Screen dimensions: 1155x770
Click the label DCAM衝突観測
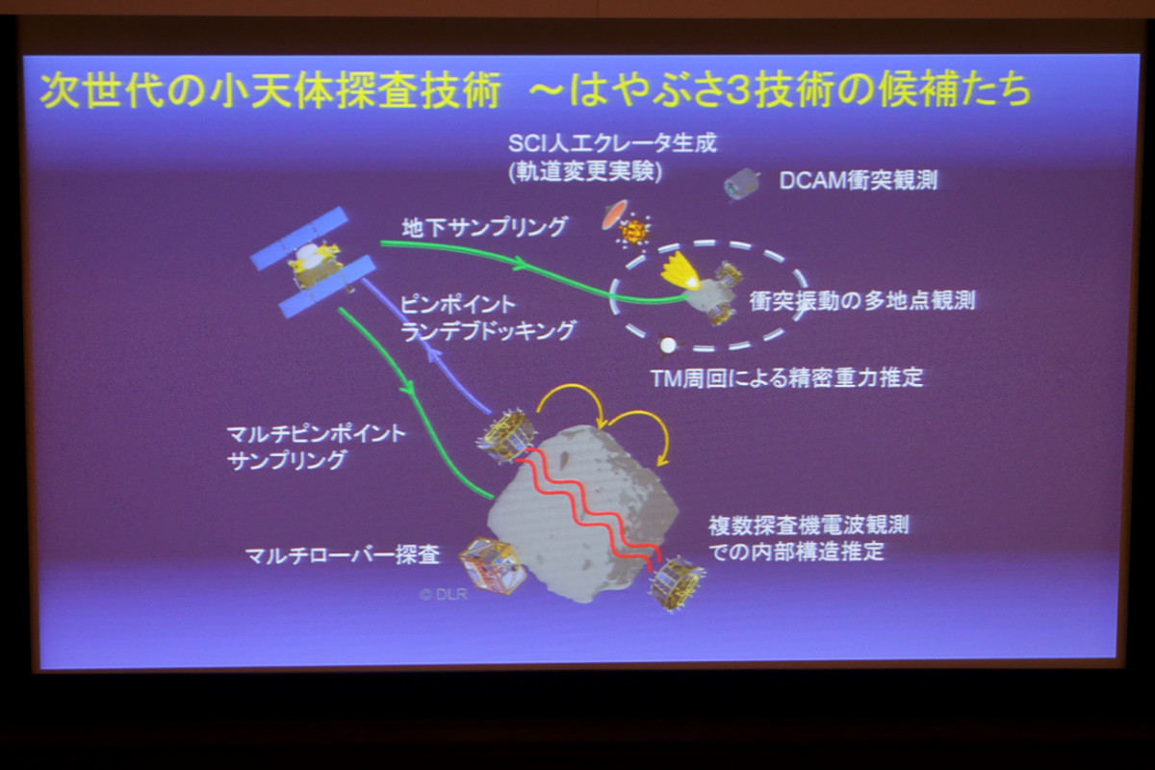tap(858, 181)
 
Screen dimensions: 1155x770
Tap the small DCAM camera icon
tap(742, 184)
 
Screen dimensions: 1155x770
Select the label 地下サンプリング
tap(484, 227)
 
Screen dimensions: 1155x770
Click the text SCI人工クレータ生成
tap(612, 143)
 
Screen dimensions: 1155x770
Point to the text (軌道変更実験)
tap(585, 171)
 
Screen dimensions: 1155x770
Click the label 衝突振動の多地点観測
tap(862, 300)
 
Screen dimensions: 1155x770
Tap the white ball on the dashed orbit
tap(668, 345)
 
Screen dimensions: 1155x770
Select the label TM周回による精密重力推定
tap(787, 378)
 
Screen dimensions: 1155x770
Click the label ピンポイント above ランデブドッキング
tap(458, 304)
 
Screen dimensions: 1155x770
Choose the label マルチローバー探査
tap(343, 555)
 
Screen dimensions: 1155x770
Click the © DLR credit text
tap(444, 594)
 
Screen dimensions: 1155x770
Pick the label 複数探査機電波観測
tap(808, 526)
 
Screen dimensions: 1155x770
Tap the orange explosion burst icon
tap(633, 232)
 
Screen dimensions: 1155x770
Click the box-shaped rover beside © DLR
tap(492, 565)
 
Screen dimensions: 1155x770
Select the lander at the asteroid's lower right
tap(677, 583)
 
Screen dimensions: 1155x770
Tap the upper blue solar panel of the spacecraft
tap(300, 239)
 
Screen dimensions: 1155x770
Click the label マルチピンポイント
tap(317, 434)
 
